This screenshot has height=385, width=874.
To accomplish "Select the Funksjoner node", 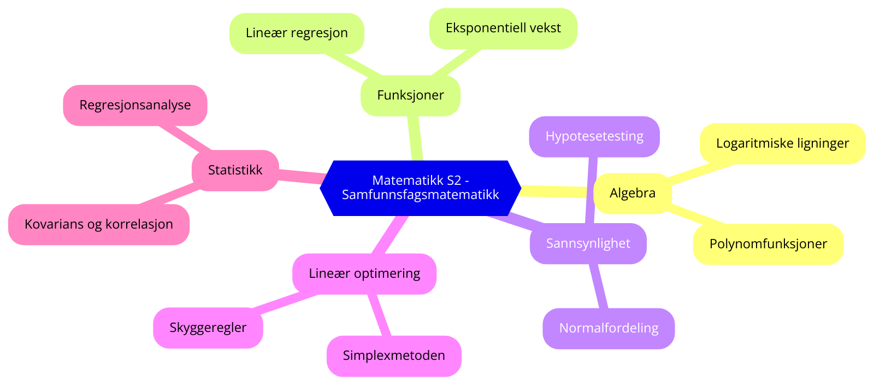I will point(410,95).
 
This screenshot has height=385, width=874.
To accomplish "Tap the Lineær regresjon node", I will point(297,33).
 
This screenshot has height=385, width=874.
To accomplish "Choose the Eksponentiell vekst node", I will point(503,28).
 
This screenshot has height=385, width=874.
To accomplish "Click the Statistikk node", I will point(235,170).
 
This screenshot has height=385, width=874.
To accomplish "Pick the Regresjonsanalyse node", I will point(135,105).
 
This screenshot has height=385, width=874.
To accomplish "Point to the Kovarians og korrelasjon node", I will point(98,224).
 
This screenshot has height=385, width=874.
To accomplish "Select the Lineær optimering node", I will point(364,273).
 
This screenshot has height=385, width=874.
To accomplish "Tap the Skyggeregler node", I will point(208,328).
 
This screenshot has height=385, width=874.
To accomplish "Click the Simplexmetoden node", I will point(394,355).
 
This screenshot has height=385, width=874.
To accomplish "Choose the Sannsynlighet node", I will point(588,243).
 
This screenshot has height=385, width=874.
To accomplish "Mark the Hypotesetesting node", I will point(594,136).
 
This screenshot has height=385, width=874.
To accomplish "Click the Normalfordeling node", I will point(609,328).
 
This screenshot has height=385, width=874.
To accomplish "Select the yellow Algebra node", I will point(632,193).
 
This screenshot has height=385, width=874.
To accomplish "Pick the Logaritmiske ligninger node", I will point(782,143).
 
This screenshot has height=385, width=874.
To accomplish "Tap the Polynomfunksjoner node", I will point(768,244).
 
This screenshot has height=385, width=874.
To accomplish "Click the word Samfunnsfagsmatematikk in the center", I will point(420,195).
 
